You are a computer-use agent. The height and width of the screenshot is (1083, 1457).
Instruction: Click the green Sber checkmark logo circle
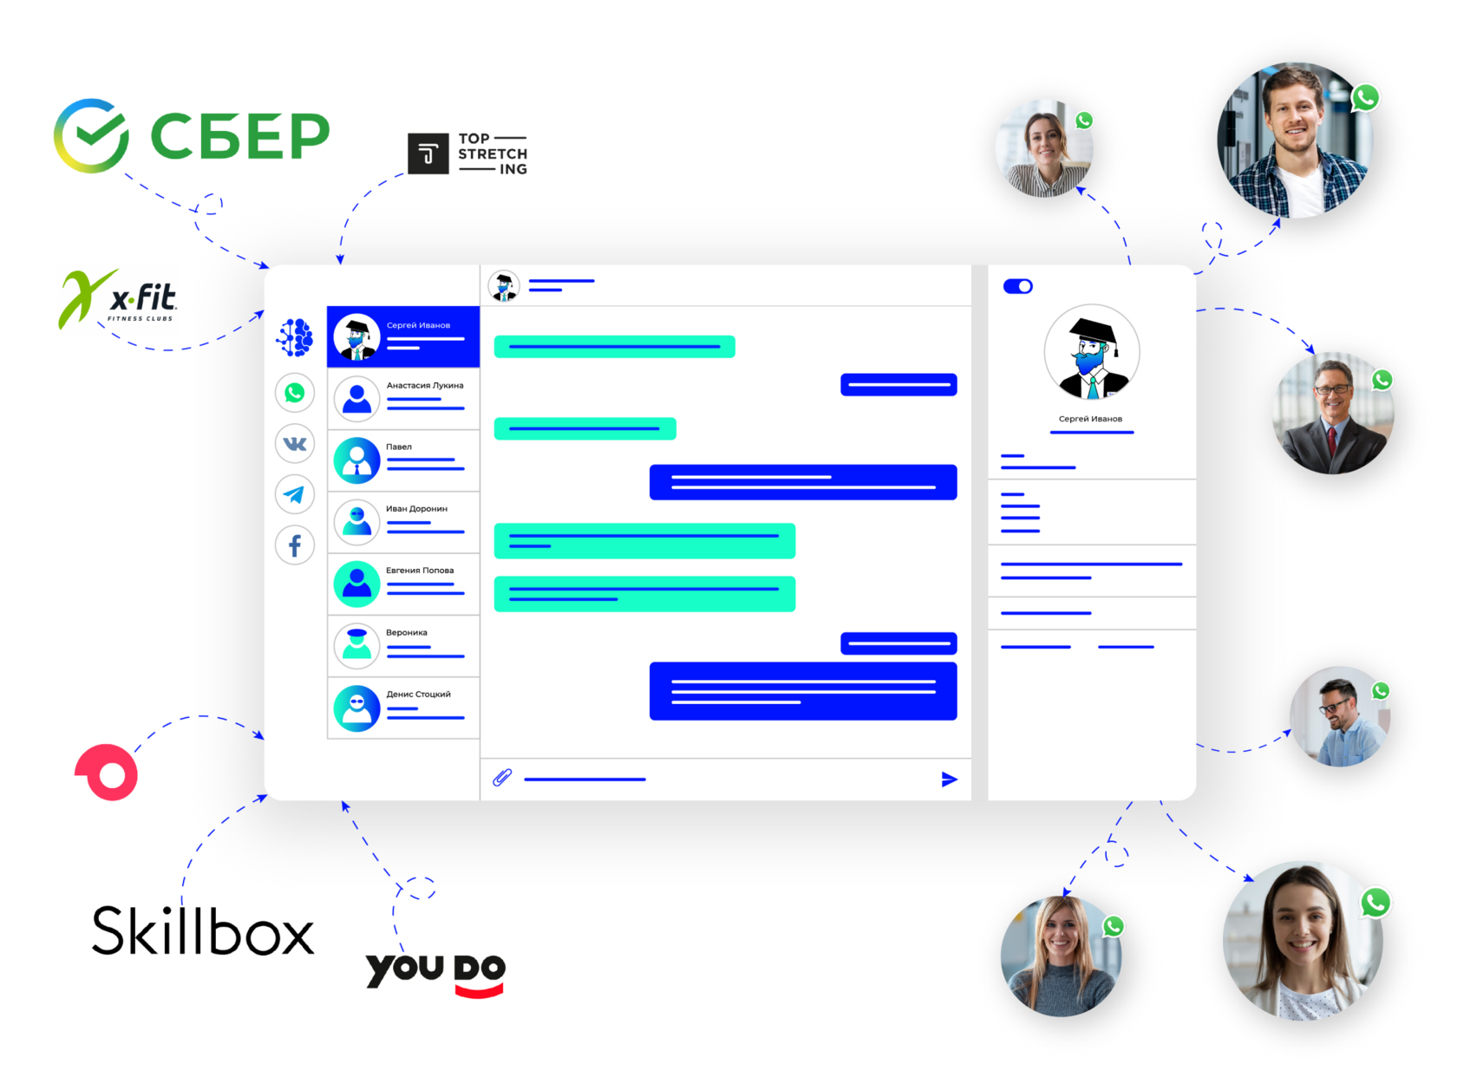coord(91,135)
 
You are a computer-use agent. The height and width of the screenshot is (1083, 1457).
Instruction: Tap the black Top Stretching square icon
coord(428,153)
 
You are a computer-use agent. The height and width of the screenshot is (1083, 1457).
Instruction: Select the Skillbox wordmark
coord(203,932)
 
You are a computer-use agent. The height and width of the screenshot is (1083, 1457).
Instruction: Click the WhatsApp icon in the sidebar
coord(295,393)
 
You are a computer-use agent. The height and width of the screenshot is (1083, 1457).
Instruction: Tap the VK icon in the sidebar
coord(295,444)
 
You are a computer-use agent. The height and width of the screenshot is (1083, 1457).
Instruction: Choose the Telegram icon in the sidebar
coord(295,494)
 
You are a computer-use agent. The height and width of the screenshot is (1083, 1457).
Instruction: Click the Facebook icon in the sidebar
coord(295,545)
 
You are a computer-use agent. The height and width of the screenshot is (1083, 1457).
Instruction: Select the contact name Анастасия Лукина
coord(425,385)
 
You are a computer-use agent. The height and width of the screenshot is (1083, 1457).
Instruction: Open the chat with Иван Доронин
coord(416,509)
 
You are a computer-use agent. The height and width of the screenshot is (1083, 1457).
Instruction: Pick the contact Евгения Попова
coord(420,571)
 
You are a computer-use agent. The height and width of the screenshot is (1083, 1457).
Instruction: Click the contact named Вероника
coord(406,632)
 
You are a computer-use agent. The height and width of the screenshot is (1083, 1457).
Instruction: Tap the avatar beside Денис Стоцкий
coord(357,708)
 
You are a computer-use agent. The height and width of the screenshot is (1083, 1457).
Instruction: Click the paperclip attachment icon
coord(502,778)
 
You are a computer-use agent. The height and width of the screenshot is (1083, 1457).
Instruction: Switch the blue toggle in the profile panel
coord(1017,286)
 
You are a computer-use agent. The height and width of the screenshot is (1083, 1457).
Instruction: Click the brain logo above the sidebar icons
coord(295,337)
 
